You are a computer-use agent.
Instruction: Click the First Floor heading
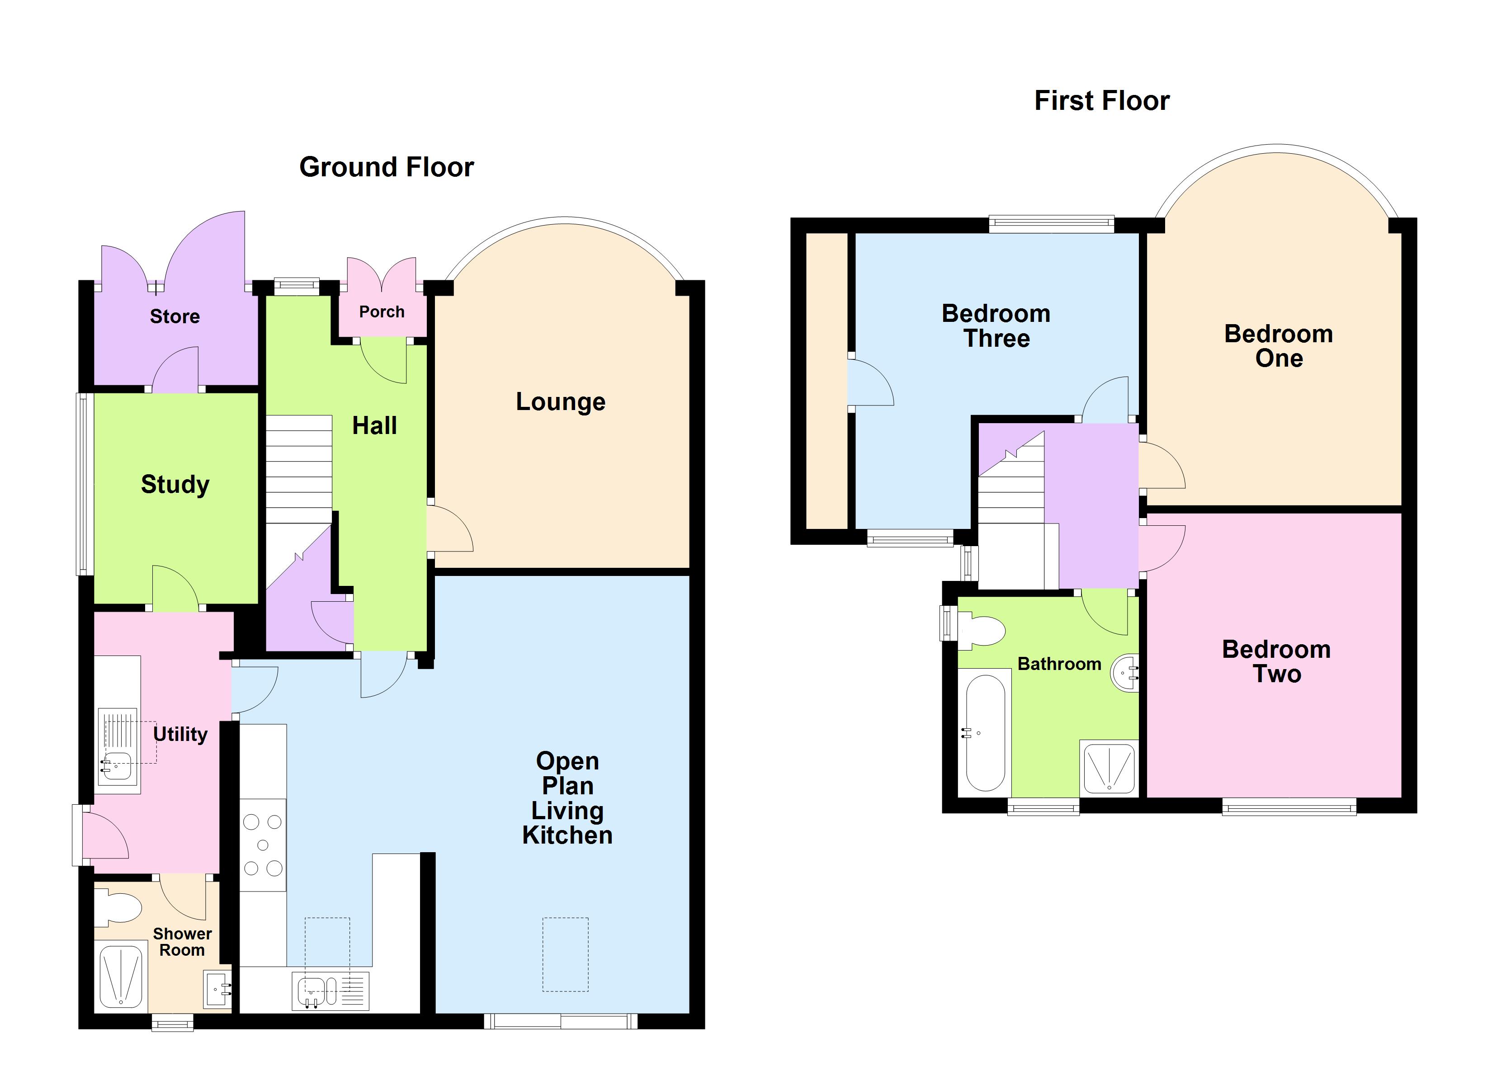click(1101, 101)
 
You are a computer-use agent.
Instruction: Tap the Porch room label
click(382, 312)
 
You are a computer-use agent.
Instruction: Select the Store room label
click(175, 316)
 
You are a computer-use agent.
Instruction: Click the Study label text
click(175, 484)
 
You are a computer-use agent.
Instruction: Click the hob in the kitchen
click(263, 845)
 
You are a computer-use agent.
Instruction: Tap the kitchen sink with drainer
click(330, 990)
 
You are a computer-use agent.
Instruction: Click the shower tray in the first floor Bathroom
click(1109, 767)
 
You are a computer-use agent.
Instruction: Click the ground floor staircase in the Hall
click(299, 468)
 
